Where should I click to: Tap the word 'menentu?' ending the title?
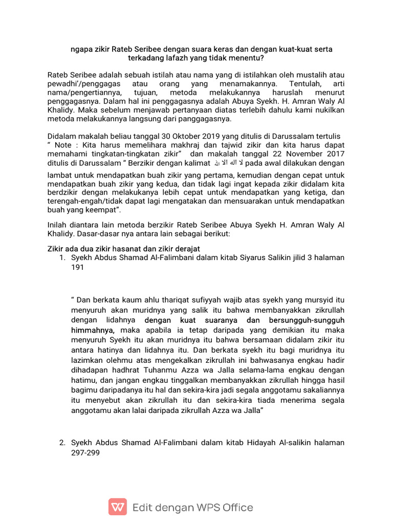pos(248,58)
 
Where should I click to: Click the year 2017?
pos(335,154)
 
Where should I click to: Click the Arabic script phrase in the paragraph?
pos(228,163)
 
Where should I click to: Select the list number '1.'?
pos(62,257)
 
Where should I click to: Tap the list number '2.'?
pos(62,443)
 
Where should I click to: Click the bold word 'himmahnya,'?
pos(93,330)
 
